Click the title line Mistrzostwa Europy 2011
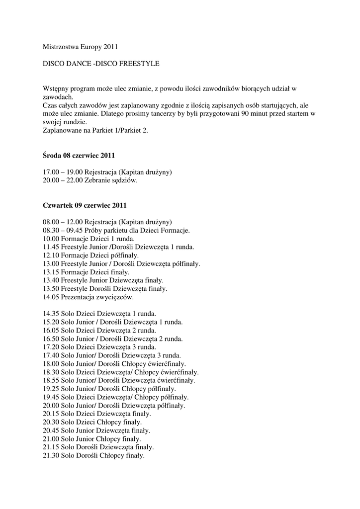(x=80, y=48)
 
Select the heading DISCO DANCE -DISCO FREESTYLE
(x=101, y=64)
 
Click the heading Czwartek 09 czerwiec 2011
(x=85, y=205)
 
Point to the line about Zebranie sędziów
(x=90, y=180)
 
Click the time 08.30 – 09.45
(x=63, y=230)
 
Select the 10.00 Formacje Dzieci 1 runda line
(x=85, y=239)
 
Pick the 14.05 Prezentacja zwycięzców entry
(x=88, y=297)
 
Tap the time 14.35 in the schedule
(x=51, y=314)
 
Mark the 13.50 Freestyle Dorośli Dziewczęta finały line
(x=105, y=289)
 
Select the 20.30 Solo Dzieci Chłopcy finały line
(x=92, y=422)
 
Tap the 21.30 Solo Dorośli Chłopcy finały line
(x=94, y=455)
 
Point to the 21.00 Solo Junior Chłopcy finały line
(x=92, y=439)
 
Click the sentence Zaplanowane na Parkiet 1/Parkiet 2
(x=95, y=130)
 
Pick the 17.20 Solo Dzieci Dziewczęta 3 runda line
(x=99, y=347)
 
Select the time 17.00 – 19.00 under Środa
(x=63, y=172)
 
